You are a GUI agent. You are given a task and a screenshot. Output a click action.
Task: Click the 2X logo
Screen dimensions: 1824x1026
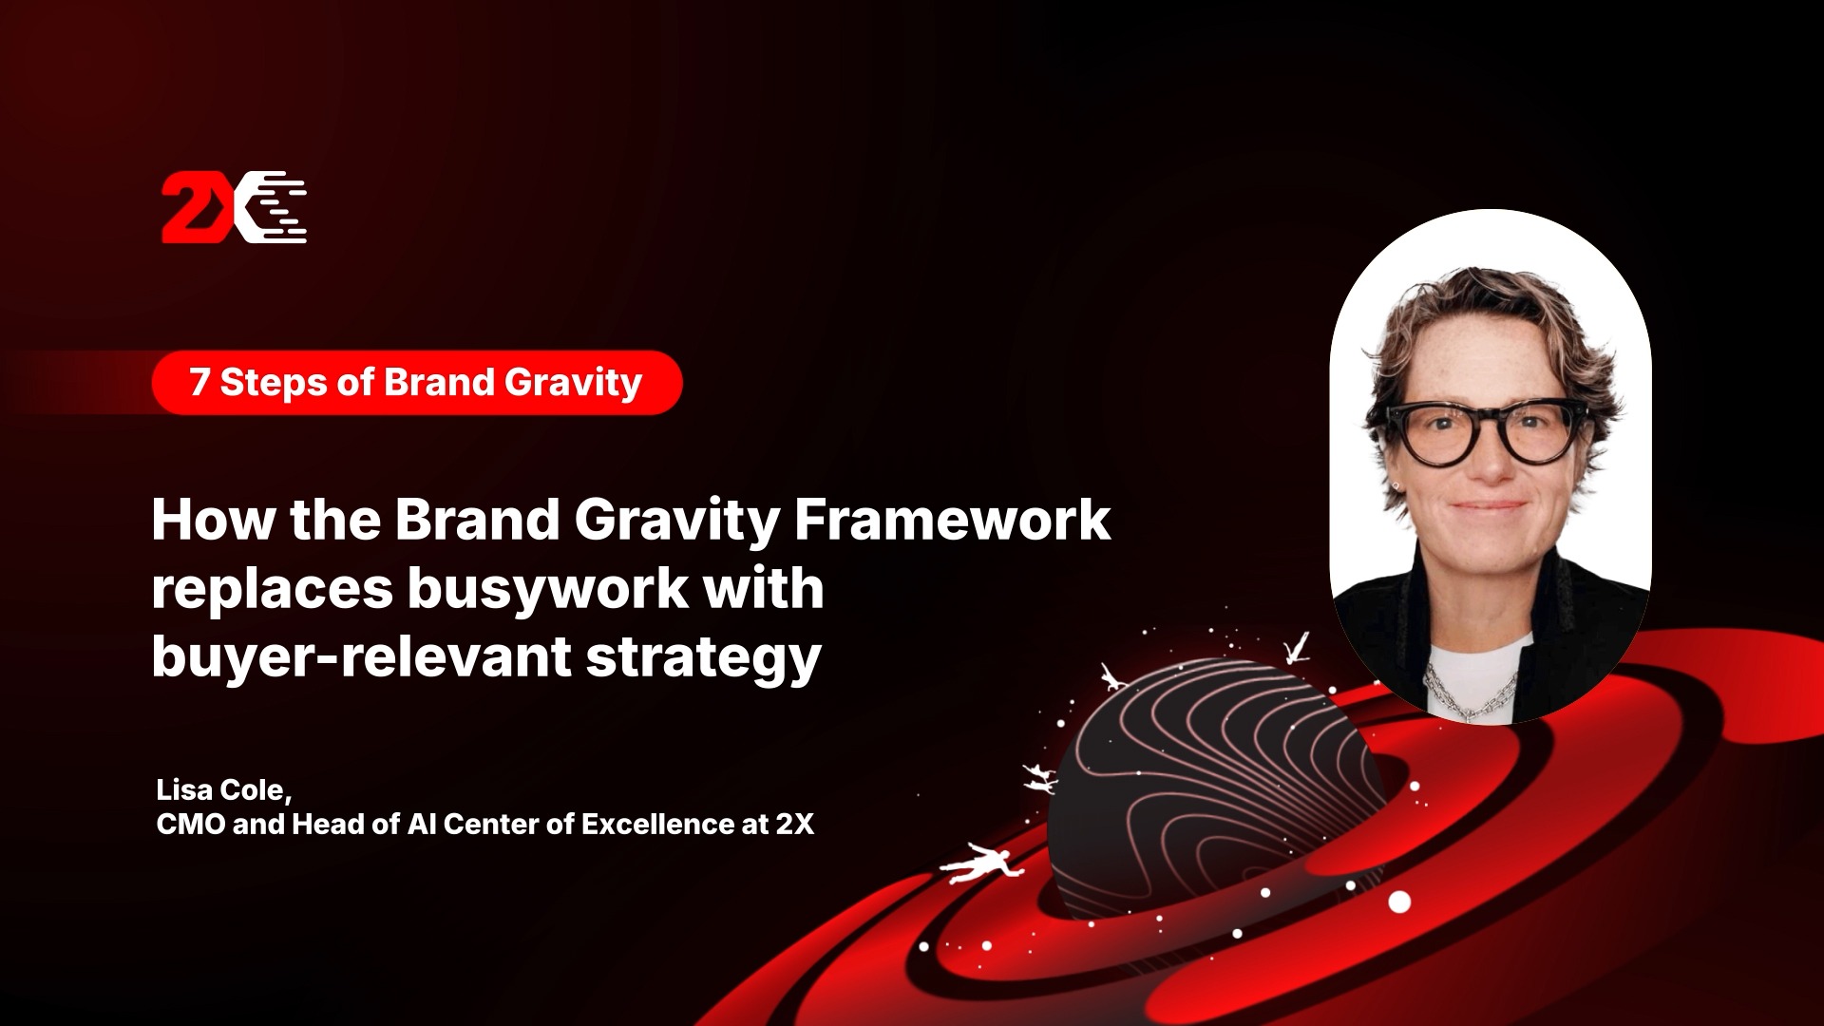tap(234, 207)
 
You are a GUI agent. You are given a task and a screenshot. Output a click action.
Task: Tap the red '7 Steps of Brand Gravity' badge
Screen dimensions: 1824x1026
tap(417, 383)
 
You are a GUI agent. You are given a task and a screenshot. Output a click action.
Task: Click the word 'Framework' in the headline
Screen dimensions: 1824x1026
tap(952, 520)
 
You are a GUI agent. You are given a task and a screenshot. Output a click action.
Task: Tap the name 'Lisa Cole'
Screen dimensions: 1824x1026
tap(220, 789)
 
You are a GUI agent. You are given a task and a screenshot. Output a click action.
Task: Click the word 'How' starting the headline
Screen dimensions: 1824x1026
tap(214, 520)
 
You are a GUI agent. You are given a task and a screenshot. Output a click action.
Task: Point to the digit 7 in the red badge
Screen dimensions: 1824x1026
tap(199, 382)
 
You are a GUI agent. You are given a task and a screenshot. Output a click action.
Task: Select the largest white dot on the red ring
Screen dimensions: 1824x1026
tap(1399, 902)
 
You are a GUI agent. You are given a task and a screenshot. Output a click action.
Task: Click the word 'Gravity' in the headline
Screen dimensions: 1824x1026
tap(677, 522)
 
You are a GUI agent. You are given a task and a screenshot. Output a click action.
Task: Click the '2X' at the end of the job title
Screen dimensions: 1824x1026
tap(795, 824)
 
